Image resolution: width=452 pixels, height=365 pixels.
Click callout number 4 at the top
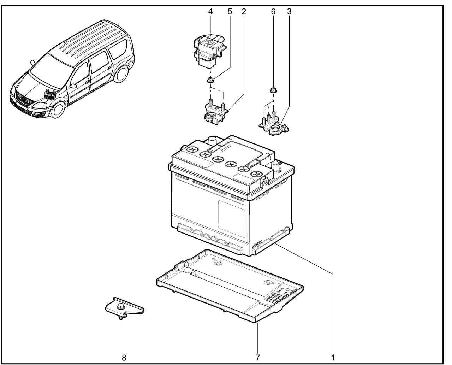coord(210,11)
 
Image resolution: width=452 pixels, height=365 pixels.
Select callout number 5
coord(230,11)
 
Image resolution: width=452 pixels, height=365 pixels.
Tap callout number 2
coord(244,11)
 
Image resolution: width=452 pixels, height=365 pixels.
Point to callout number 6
coord(273,11)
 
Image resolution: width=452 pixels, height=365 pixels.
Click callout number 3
coord(289,11)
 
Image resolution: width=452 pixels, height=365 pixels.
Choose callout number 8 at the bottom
coord(124,357)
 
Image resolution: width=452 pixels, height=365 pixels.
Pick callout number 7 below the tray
coord(258,357)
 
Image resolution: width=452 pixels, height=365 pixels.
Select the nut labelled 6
coord(273,90)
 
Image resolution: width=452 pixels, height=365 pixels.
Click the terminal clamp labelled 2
coord(214,113)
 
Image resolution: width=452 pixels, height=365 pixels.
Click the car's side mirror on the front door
coord(73,85)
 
